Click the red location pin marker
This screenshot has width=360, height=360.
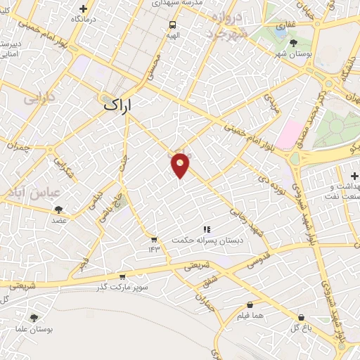[181, 165]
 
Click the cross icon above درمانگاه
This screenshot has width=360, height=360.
[84, 8]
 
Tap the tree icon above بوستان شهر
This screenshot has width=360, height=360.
[293, 44]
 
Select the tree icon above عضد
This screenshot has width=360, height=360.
[58, 209]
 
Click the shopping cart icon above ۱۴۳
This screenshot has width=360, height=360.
[154, 240]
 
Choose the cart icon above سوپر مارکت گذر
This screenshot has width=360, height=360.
[122, 276]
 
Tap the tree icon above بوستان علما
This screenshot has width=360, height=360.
[34, 318]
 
